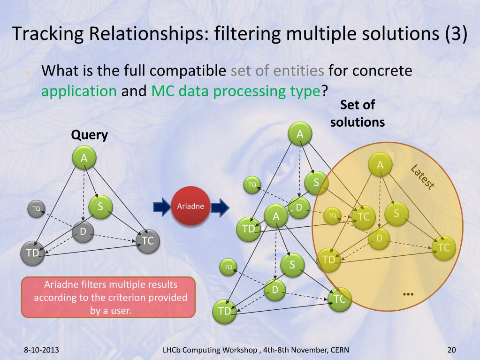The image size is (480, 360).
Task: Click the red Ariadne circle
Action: (190, 207)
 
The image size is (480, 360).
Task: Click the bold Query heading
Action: (89, 135)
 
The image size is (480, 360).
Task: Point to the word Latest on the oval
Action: (422, 177)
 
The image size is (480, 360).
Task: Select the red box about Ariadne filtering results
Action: (108, 297)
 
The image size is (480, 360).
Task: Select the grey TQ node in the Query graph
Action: (36, 208)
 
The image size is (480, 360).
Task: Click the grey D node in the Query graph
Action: (83, 231)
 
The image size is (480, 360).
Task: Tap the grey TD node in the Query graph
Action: (32, 253)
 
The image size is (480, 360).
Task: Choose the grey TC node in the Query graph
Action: (148, 241)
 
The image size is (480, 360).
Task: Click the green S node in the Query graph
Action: (100, 206)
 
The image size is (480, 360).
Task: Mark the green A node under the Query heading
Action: (84, 158)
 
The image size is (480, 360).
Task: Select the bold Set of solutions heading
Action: (358, 113)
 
